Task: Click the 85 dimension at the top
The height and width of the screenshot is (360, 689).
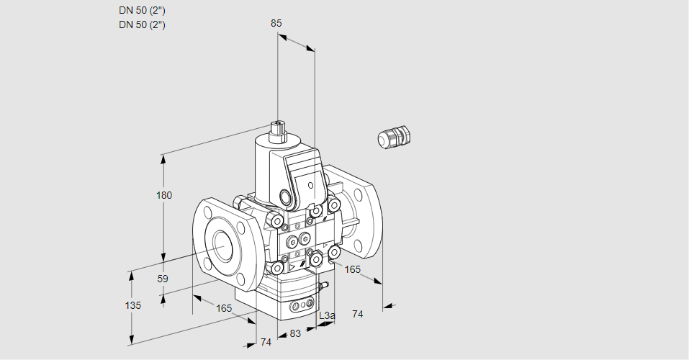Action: [x=276, y=23]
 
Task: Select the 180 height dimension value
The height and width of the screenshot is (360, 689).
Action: [x=164, y=196]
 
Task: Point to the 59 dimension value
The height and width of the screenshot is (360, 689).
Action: [x=163, y=279]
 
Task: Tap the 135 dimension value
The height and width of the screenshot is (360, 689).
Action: [x=132, y=305]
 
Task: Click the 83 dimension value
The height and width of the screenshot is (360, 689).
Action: [x=295, y=333]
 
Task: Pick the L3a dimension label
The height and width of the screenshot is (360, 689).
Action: [x=326, y=315]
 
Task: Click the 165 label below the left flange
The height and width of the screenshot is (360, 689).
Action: [x=224, y=308]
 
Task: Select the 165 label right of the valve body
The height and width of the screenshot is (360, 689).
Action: [x=352, y=269]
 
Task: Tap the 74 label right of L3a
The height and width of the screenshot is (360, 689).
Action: [x=358, y=314]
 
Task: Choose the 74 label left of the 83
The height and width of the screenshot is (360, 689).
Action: [x=266, y=342]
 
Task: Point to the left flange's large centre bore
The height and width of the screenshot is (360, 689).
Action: [x=220, y=247]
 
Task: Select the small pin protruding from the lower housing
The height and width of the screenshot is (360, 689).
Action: [x=323, y=286]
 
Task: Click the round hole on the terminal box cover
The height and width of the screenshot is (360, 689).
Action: [x=311, y=186]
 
